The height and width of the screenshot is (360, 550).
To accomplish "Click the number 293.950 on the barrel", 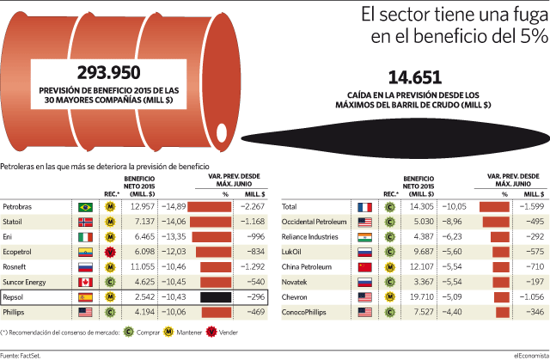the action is click(x=109, y=72).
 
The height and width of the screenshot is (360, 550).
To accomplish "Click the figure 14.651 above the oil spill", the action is click(x=414, y=77).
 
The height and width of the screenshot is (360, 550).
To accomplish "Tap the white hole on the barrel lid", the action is click(x=222, y=133).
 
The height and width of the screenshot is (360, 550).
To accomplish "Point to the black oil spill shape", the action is click(x=395, y=138).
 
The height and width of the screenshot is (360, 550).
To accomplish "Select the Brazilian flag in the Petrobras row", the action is click(x=85, y=207).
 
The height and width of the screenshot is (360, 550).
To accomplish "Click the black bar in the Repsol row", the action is click(x=216, y=297).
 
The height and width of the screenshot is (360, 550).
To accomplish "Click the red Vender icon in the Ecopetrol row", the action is click(x=111, y=252).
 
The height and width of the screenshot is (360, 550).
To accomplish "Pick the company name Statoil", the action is click(x=12, y=222).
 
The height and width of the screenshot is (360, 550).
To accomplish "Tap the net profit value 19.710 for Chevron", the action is click(x=422, y=297).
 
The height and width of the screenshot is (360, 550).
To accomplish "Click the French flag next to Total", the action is click(x=364, y=207).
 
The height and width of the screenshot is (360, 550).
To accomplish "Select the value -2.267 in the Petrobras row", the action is click(x=253, y=206).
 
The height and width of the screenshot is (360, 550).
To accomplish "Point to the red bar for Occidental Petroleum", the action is click(x=496, y=222).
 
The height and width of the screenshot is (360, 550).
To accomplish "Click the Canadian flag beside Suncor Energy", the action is click(x=85, y=282).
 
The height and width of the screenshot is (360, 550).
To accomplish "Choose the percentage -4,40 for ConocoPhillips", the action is click(x=452, y=312).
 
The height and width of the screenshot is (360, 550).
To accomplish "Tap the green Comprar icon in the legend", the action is click(x=129, y=332).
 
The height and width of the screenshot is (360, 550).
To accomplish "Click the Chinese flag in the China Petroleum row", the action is click(x=364, y=267).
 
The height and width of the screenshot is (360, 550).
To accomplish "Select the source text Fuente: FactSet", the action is click(x=21, y=356).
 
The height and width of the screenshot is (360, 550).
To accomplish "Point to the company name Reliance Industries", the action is click(x=309, y=236).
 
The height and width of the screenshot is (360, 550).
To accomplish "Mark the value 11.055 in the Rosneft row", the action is click(x=143, y=266).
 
